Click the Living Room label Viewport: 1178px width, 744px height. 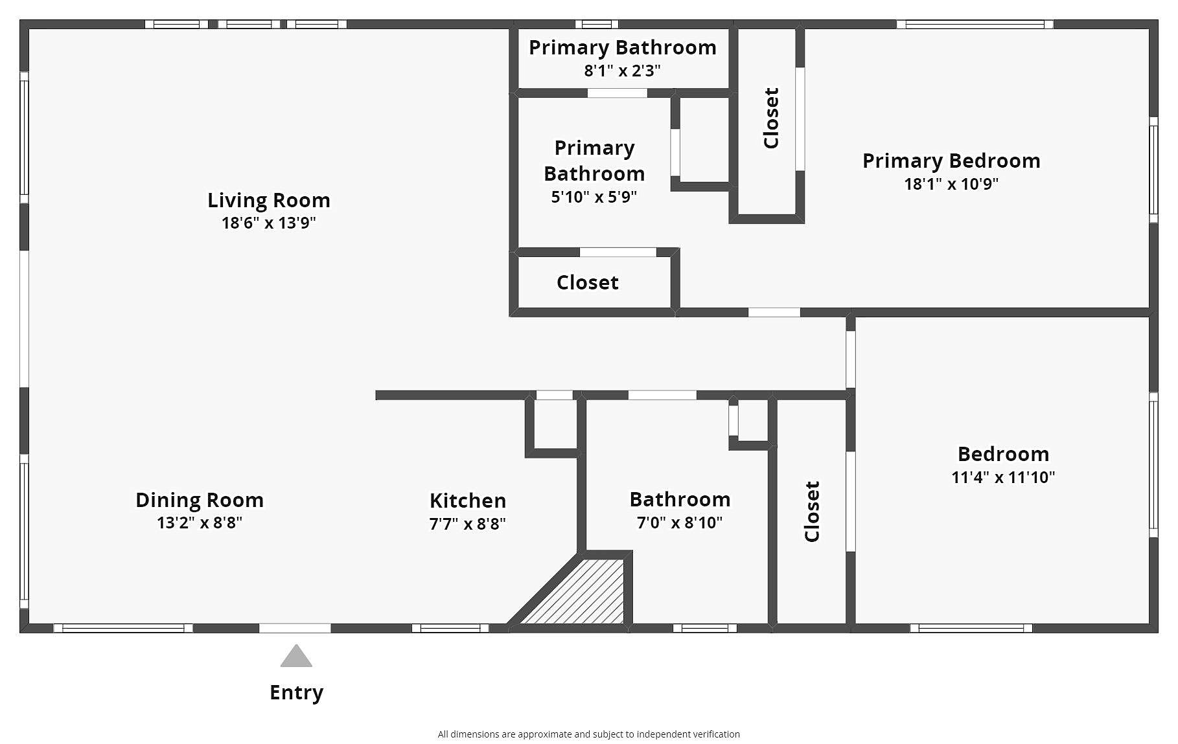click(269, 201)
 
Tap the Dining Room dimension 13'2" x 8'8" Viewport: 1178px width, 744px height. click(200, 523)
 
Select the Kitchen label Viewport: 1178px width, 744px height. click(468, 501)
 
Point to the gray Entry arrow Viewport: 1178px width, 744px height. click(296, 655)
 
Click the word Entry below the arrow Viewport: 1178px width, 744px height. click(296, 693)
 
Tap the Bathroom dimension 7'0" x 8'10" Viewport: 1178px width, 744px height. click(680, 523)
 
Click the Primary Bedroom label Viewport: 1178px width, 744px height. click(951, 161)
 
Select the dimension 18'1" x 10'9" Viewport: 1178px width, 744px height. click(951, 184)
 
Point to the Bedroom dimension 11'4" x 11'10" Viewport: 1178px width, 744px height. click(1003, 477)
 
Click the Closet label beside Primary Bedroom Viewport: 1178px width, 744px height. click(771, 118)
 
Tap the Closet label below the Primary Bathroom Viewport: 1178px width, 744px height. click(588, 282)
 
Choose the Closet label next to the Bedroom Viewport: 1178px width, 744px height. click(812, 512)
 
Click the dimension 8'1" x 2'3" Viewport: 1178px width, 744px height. click(623, 71)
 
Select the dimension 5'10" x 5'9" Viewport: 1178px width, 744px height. click(594, 197)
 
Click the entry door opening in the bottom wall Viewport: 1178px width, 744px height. click(295, 628)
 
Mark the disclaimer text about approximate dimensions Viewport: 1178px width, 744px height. click(589, 734)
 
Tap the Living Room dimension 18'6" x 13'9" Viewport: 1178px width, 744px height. click(269, 223)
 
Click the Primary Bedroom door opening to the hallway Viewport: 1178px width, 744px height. click(774, 312)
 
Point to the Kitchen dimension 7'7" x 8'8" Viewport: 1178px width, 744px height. click(468, 523)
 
